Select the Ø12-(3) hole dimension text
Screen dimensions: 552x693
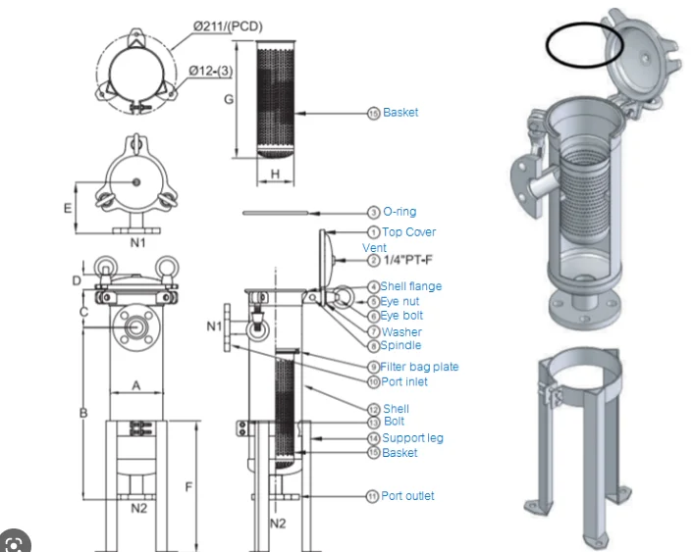[x=212, y=71]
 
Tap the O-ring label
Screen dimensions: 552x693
[x=400, y=212]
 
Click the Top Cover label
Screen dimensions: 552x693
[x=408, y=232]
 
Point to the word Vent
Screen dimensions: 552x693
[x=374, y=248]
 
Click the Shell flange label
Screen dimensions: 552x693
[x=411, y=286]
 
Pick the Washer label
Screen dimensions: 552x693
[x=401, y=331]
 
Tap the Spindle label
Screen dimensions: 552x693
[x=401, y=345]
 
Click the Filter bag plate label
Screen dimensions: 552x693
[x=419, y=367]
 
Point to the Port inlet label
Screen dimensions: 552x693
[x=404, y=381]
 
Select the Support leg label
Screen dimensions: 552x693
[x=412, y=437]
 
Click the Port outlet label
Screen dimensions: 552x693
[x=407, y=496]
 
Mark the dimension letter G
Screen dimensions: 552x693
[x=228, y=99]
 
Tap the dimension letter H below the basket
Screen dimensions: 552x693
[x=276, y=174]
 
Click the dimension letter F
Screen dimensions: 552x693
[x=189, y=487]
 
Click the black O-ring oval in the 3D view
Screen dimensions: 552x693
[x=585, y=44]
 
